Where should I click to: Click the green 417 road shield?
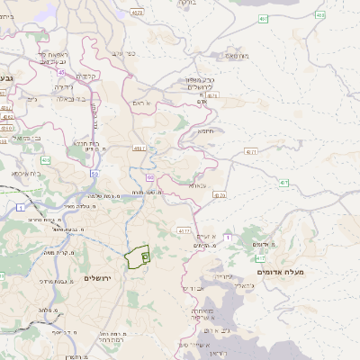[x=283, y=183]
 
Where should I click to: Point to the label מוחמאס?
[x=236, y=56]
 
